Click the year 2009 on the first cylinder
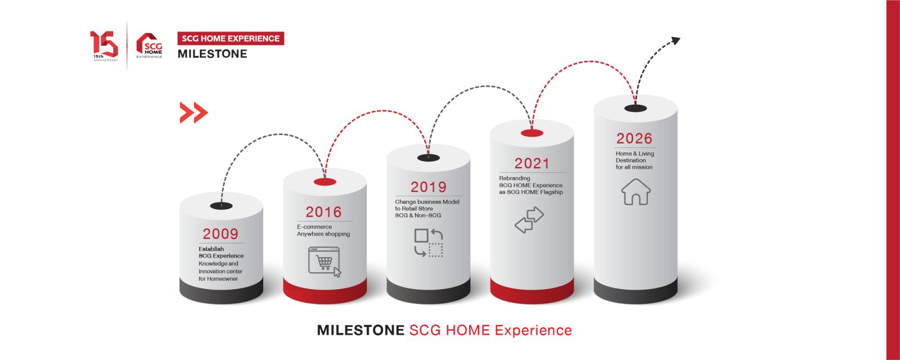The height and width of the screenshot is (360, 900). [220, 234]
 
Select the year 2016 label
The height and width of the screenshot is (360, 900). [323, 212]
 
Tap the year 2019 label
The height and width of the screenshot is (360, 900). [428, 187]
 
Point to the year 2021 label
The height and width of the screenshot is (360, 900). [532, 164]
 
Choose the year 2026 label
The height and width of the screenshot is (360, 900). [634, 138]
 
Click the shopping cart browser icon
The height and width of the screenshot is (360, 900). [325, 262]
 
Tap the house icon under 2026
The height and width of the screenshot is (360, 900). [636, 192]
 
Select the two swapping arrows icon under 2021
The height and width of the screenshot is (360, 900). [529, 220]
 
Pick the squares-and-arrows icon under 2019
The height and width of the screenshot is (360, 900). [429, 242]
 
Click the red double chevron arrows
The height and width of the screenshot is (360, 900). [193, 112]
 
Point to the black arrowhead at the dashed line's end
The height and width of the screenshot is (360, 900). [676, 40]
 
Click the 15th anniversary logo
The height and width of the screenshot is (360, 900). [104, 46]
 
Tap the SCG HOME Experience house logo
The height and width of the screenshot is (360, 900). [149, 46]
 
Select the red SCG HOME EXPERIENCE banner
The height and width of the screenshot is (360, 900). [231, 39]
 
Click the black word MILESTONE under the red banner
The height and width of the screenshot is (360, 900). [212, 54]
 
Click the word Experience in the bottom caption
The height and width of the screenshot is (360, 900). [533, 330]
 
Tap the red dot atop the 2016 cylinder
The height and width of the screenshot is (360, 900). [325, 182]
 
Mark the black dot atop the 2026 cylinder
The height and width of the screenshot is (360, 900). [636, 109]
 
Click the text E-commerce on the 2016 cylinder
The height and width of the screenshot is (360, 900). [314, 227]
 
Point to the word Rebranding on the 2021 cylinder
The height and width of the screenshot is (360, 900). [514, 178]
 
